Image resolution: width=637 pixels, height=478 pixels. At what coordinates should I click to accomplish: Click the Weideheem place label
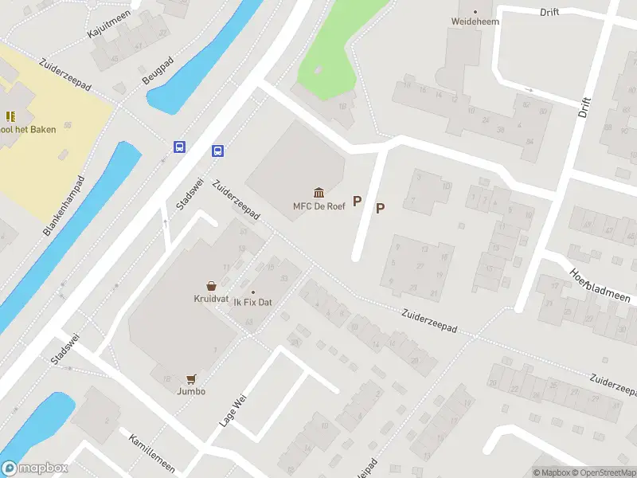pyautogui.click(x=475, y=22)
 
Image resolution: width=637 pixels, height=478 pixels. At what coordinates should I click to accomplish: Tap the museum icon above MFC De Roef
pyautogui.click(x=319, y=192)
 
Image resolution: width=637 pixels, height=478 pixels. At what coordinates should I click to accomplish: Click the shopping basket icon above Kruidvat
pyautogui.click(x=211, y=285)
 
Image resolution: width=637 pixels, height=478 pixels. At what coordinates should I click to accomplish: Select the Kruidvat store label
pyautogui.click(x=211, y=299)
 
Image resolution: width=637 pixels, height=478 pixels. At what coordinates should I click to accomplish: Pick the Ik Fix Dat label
pyautogui.click(x=253, y=304)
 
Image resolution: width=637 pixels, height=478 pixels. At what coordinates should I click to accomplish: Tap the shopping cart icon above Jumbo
pyautogui.click(x=191, y=378)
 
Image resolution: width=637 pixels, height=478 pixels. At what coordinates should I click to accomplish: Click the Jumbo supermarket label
pyautogui.click(x=191, y=391)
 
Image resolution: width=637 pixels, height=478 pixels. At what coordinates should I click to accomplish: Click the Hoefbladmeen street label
pyautogui.click(x=599, y=285)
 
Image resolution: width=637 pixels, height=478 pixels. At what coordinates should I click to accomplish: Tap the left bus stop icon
pyautogui.click(x=181, y=147)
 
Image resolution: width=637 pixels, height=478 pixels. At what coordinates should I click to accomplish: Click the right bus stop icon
pyautogui.click(x=217, y=151)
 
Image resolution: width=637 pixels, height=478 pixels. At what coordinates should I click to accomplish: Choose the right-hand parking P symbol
pyautogui.click(x=381, y=209)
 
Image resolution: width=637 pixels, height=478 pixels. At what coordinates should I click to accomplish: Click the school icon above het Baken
pyautogui.click(x=11, y=116)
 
